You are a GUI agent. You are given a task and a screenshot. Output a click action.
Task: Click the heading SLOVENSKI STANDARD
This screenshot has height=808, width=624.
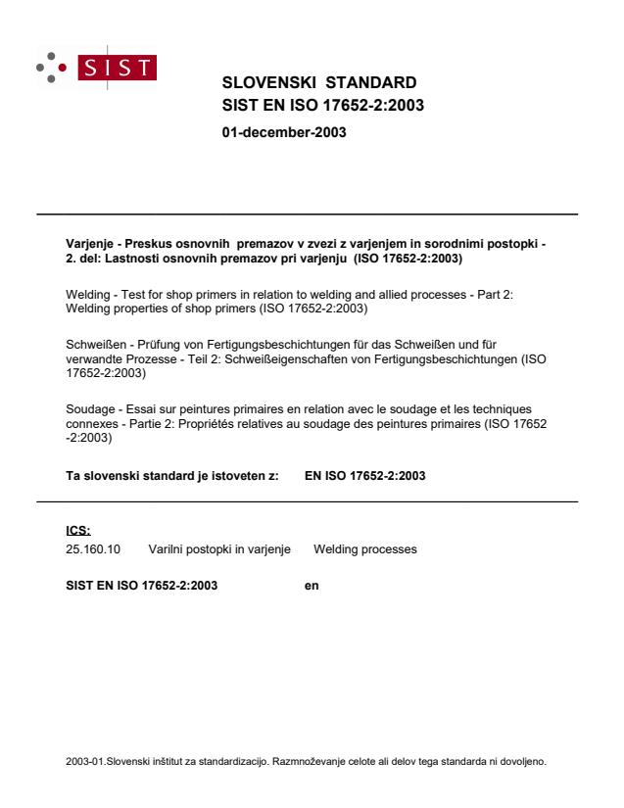pos(319,82)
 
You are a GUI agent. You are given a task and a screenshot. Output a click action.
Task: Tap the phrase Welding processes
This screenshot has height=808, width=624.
pos(364,549)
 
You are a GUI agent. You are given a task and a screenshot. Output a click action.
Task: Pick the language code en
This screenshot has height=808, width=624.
pos(312,586)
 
